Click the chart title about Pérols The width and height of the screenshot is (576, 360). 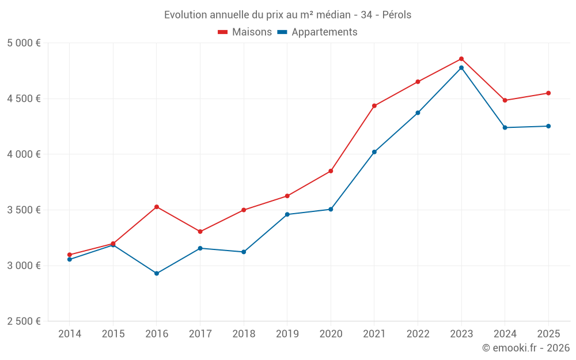[x=287, y=15]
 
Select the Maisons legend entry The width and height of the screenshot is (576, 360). [x=245, y=32]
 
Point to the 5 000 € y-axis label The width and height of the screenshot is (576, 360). [x=24, y=43]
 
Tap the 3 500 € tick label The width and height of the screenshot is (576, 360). [x=24, y=210]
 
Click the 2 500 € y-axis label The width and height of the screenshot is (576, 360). [x=24, y=321]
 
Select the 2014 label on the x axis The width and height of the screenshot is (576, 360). [x=70, y=334]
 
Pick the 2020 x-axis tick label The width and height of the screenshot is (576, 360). [x=331, y=334]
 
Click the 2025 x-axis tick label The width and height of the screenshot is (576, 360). [x=548, y=334]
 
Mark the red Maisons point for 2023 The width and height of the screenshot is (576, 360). [x=461, y=59]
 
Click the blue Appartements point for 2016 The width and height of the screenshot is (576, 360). [x=157, y=274]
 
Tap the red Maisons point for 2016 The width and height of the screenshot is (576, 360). [x=157, y=207]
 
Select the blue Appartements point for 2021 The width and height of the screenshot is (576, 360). [x=374, y=152]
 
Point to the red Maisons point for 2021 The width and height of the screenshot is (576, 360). [x=374, y=106]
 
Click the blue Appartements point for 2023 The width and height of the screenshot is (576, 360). [x=461, y=68]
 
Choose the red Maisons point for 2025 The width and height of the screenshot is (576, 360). [x=548, y=93]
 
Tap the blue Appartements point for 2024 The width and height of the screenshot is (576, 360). [x=505, y=127]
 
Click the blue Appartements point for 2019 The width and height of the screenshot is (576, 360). [x=287, y=214]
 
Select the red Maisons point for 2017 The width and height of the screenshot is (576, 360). [x=200, y=232]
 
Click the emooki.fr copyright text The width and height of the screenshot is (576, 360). [x=525, y=348]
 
